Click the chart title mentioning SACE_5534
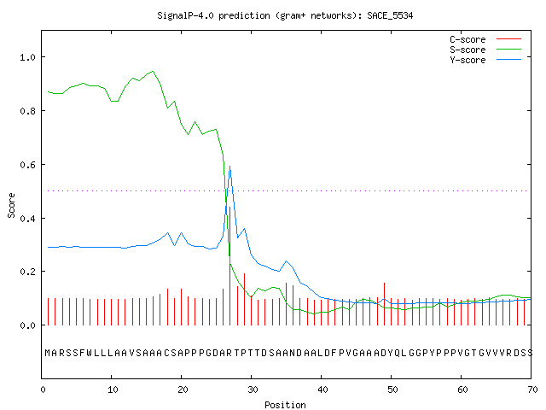click(285, 15)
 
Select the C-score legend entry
click(485, 39)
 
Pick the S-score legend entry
click(485, 50)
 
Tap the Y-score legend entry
click(485, 60)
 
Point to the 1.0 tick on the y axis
click(27, 57)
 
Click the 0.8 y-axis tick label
click(27, 111)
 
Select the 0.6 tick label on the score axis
click(27, 165)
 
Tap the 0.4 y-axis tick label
click(27, 219)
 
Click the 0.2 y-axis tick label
click(27, 272)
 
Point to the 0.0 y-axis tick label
click(27, 325)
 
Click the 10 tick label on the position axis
click(113, 389)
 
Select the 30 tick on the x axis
click(253, 389)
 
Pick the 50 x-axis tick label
click(392, 389)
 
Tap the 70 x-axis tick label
click(532, 389)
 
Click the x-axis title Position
click(285, 405)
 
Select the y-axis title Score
click(11, 205)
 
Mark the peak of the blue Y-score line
click(229, 167)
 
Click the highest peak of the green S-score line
click(153, 71)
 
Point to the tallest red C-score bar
click(229, 266)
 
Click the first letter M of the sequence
click(48, 353)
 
